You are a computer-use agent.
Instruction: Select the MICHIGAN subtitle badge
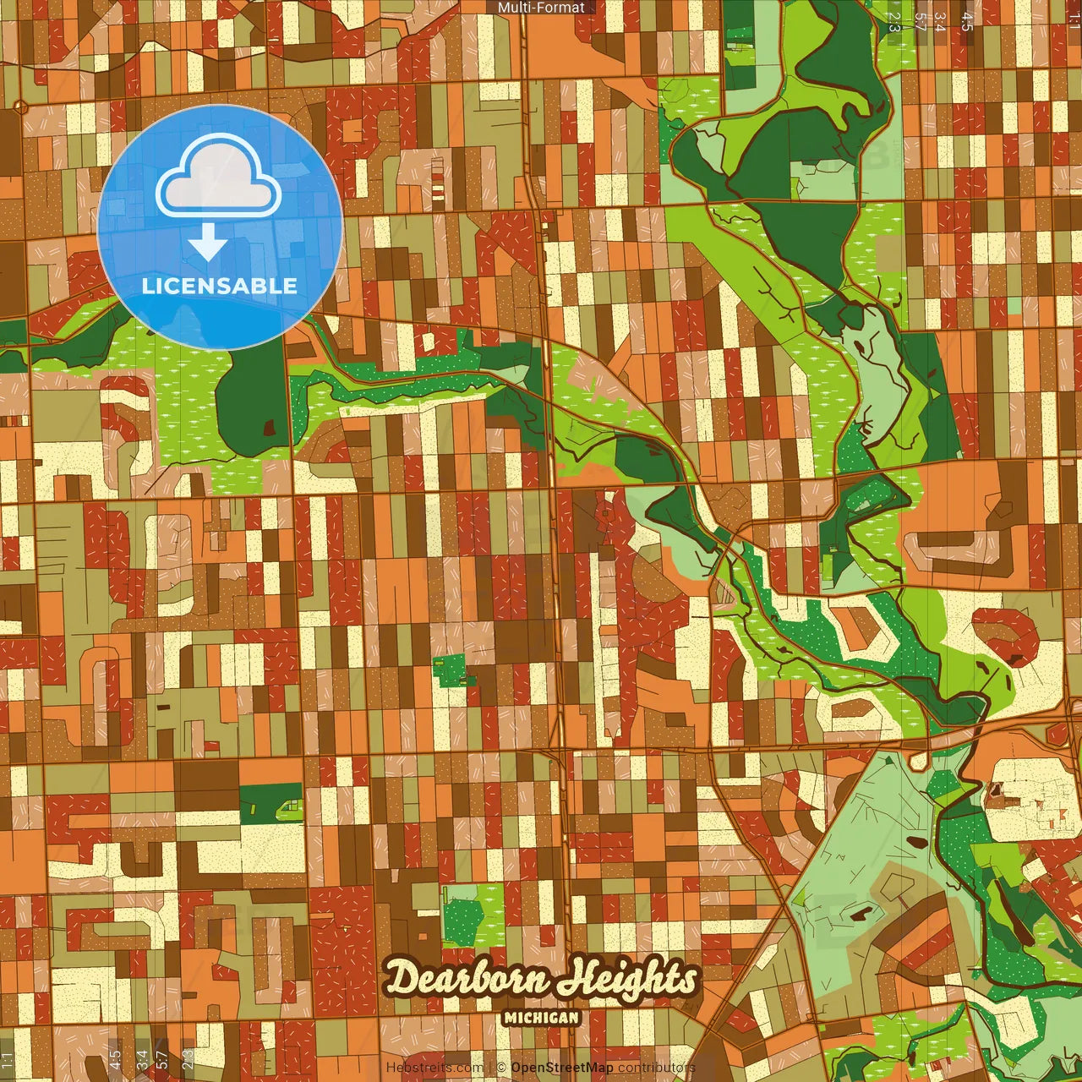click(x=541, y=1018)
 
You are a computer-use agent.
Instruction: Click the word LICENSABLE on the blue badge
click(x=220, y=286)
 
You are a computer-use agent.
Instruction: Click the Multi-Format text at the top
click(x=541, y=8)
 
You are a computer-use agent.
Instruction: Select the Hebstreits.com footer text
click(x=434, y=1068)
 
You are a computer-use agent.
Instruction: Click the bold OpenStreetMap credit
click(x=562, y=1068)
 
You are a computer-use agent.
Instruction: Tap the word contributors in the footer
click(x=657, y=1068)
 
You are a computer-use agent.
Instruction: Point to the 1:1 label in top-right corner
click(x=1074, y=20)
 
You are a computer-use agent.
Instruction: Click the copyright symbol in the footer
click(x=501, y=1068)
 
